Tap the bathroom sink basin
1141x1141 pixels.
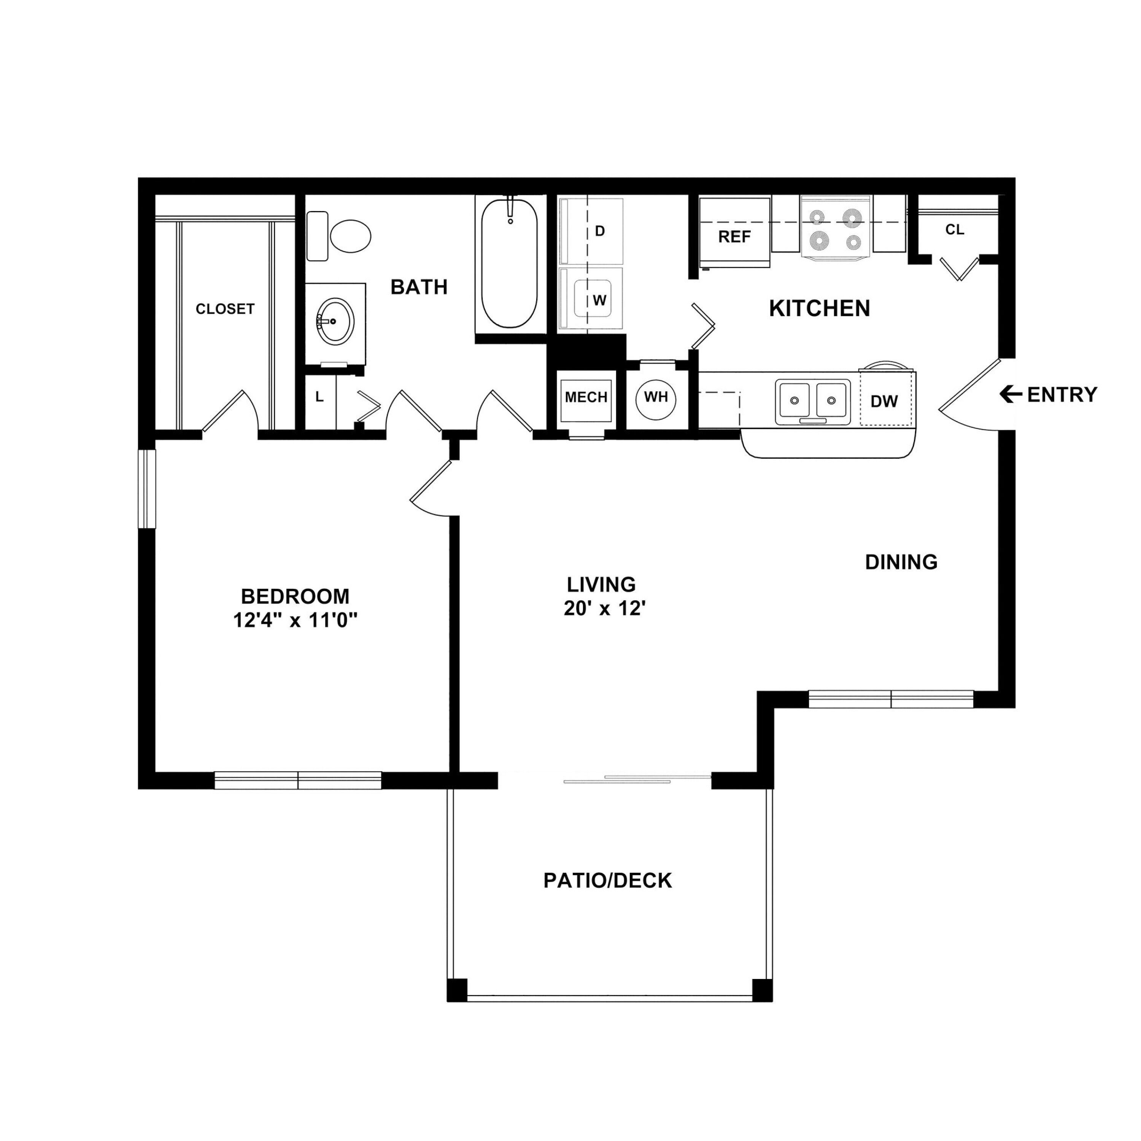(x=335, y=321)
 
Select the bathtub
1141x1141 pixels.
(x=509, y=264)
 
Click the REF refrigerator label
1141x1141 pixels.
(x=734, y=237)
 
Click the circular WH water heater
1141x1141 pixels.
(x=656, y=397)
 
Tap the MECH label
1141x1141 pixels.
(x=586, y=397)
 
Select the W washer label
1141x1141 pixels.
(x=599, y=300)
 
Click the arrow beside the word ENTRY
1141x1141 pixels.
(x=1011, y=394)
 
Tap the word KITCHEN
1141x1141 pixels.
(x=819, y=308)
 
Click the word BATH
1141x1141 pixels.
(x=419, y=287)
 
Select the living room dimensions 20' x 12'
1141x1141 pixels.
(x=603, y=608)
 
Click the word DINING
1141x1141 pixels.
(x=901, y=562)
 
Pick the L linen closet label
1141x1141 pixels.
(x=319, y=397)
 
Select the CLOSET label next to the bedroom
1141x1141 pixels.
(x=225, y=309)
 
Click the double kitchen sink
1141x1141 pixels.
(x=813, y=402)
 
